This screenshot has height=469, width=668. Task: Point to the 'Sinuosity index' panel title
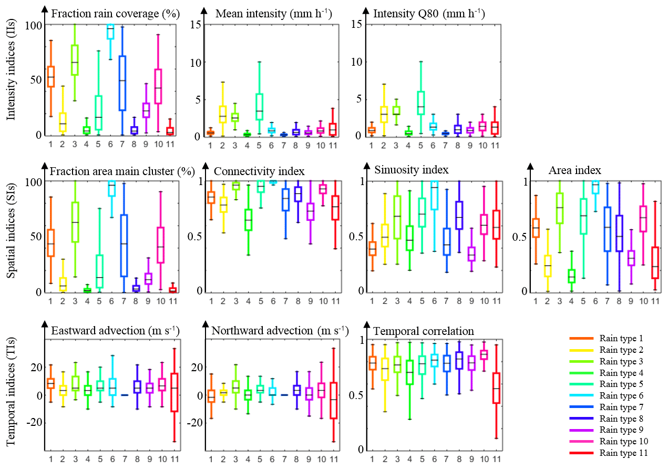click(x=412, y=170)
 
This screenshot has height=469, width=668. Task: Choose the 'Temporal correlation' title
click(x=424, y=331)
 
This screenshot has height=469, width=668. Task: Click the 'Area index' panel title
click(x=575, y=170)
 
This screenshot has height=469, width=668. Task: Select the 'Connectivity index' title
click(x=259, y=171)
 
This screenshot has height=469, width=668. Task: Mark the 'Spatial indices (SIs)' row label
click(x=11, y=236)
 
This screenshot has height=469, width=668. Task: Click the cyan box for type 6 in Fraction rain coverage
click(x=110, y=32)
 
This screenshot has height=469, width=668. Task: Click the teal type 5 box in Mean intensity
click(x=259, y=107)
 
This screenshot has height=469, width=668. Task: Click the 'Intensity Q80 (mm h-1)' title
click(x=429, y=13)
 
